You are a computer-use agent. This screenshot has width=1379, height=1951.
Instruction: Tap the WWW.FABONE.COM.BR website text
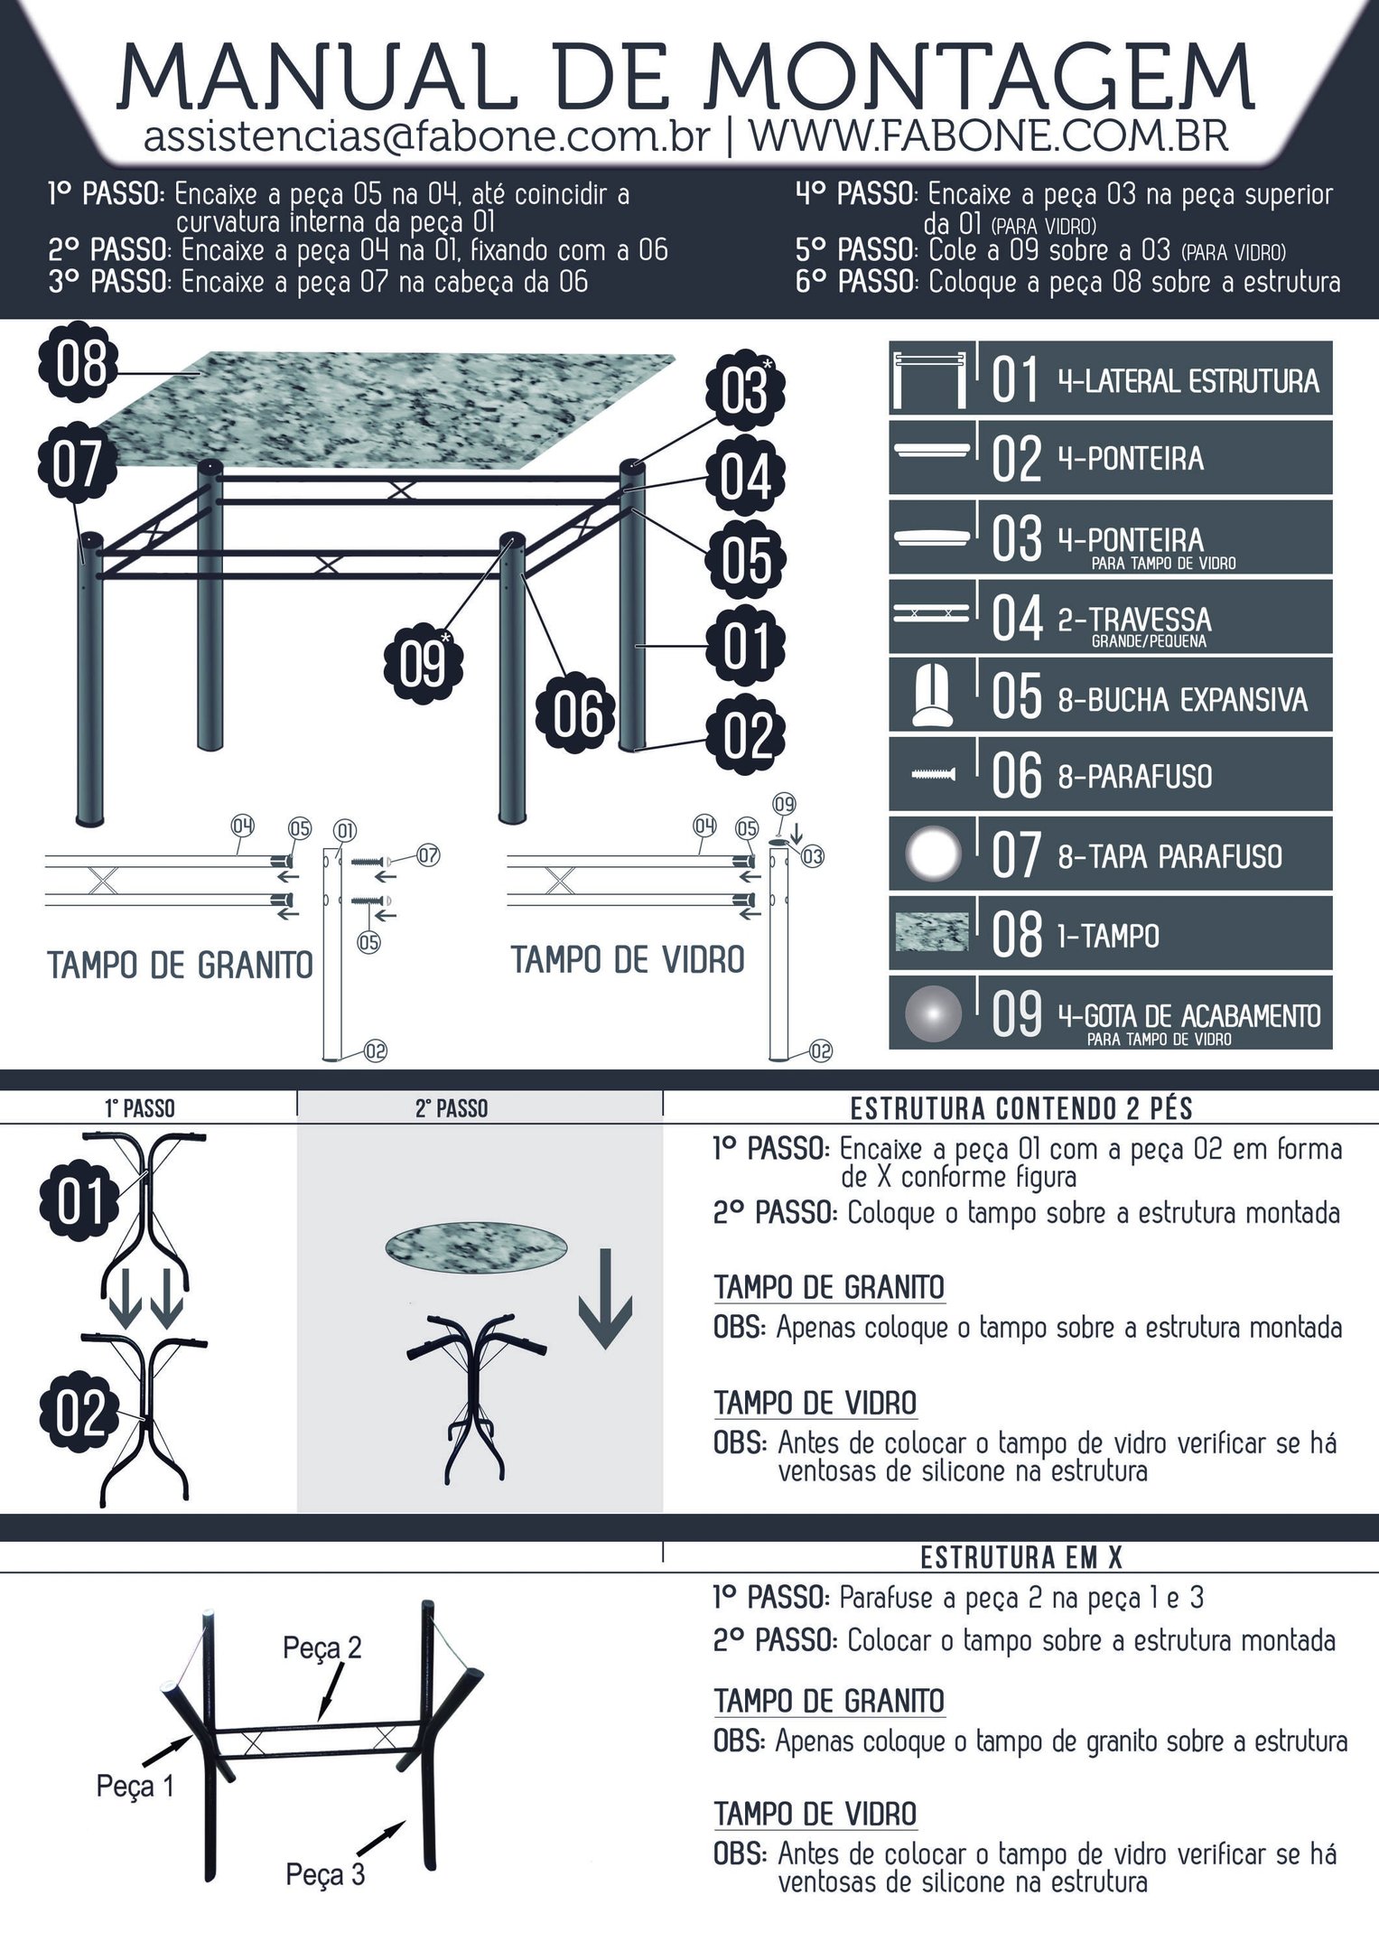click(x=989, y=135)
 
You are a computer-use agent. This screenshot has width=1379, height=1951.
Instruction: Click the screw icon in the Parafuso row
click(x=934, y=774)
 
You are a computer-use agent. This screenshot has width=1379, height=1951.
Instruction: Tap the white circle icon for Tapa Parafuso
click(x=934, y=854)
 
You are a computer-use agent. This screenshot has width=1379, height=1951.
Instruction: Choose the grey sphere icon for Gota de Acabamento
click(x=934, y=1013)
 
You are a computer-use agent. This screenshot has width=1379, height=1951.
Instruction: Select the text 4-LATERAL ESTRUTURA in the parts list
click(x=1188, y=381)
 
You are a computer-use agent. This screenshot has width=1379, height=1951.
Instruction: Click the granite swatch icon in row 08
click(x=931, y=933)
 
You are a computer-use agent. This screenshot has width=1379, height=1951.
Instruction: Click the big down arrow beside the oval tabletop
click(x=605, y=1298)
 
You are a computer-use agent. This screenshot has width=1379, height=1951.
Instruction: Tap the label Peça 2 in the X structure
click(x=322, y=1648)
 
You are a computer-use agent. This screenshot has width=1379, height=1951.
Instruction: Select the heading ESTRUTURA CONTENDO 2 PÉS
click(x=1021, y=1108)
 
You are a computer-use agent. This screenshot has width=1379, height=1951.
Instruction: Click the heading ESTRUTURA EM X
click(x=1021, y=1557)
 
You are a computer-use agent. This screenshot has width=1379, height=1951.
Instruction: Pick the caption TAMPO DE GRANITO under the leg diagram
click(x=180, y=966)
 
